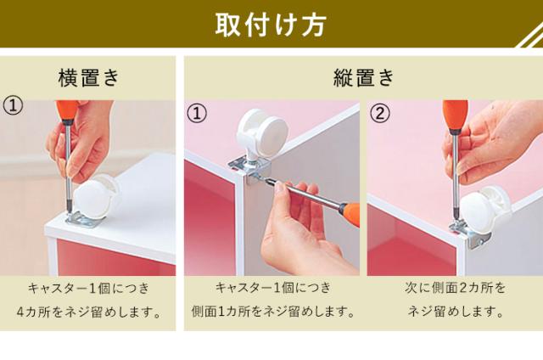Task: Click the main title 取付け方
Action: point(271,25)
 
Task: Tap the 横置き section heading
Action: point(88,77)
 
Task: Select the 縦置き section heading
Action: point(364,77)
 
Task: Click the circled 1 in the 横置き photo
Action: point(13,106)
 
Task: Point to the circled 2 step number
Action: point(380,113)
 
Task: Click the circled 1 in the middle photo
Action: point(197,113)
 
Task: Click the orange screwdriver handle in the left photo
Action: point(68,111)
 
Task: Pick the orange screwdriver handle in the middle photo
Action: point(350,215)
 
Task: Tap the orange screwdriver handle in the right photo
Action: point(455,115)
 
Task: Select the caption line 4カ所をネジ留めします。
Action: point(89,312)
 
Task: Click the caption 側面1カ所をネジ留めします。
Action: point(273,312)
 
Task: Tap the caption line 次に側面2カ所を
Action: point(455,288)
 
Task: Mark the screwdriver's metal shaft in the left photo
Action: point(69,166)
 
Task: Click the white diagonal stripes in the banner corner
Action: point(529,37)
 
